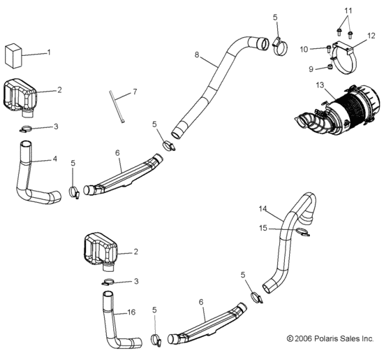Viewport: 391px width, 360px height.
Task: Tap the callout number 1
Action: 49,52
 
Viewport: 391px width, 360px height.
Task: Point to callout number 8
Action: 197,54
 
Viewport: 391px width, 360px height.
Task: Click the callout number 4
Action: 54,159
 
